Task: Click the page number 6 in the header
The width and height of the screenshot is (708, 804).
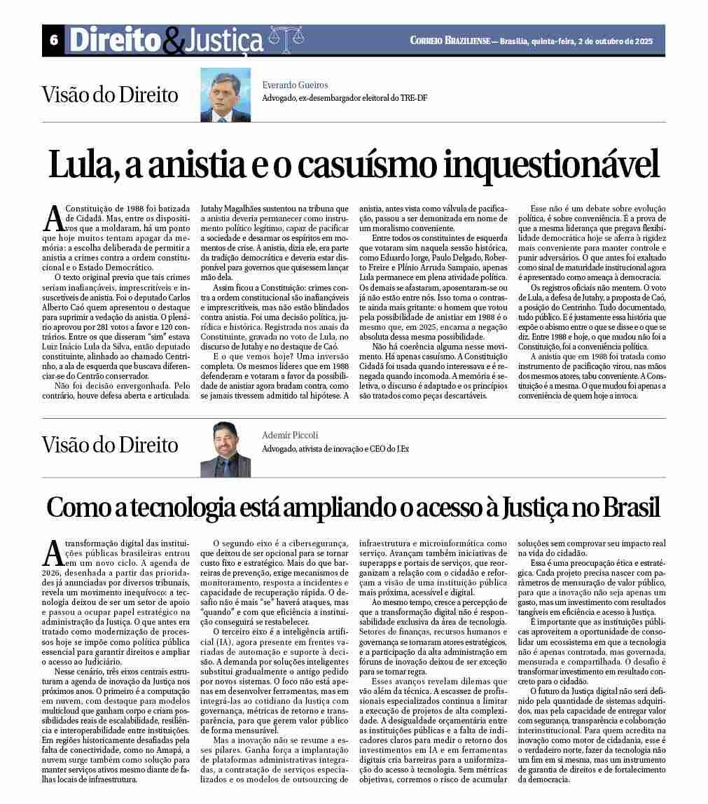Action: tap(53, 41)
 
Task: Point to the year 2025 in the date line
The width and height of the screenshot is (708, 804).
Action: tap(639, 41)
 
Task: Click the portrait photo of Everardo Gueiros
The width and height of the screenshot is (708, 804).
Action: tap(225, 95)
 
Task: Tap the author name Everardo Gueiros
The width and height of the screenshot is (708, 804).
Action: tap(290, 85)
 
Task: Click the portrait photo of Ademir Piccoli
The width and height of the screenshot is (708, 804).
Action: tap(225, 449)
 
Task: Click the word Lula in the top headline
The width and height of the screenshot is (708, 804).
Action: tap(75, 166)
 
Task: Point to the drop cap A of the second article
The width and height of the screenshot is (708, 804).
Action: tap(53, 553)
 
